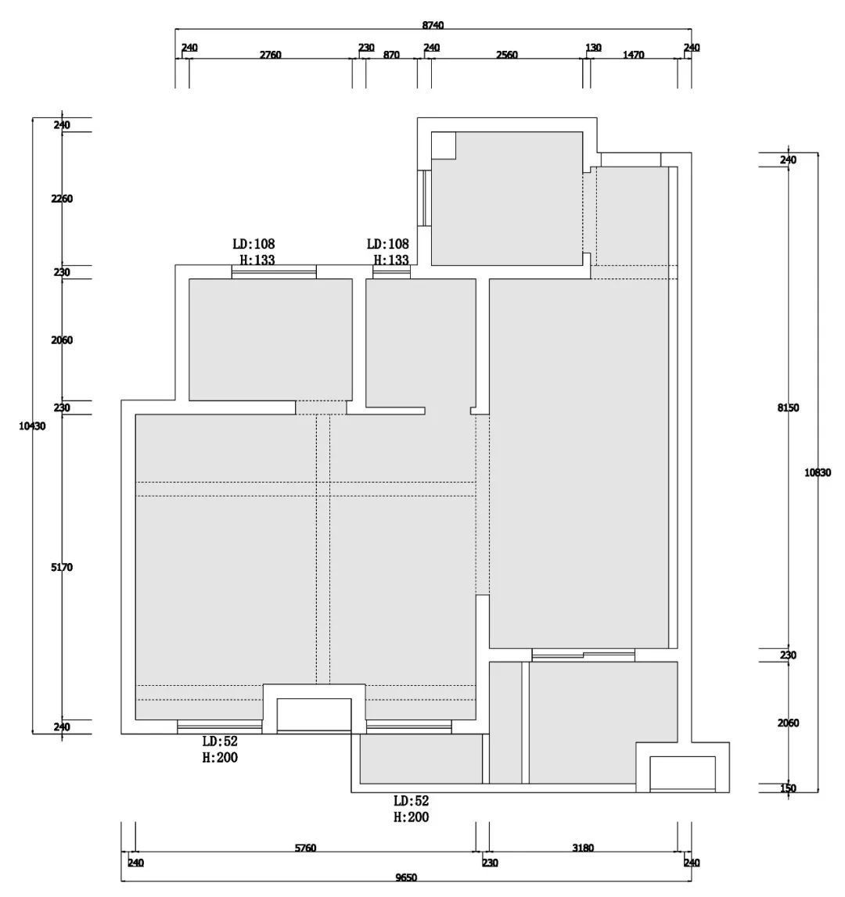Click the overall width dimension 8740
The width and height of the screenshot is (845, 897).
pyautogui.click(x=433, y=25)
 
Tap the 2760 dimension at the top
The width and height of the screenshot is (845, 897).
pyautogui.click(x=271, y=55)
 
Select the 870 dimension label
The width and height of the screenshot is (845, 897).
pyautogui.click(x=391, y=55)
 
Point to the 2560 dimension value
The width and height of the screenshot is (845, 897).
pyautogui.click(x=507, y=55)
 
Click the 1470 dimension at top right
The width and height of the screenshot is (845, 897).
pyautogui.click(x=633, y=55)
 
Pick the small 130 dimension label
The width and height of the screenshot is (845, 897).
pyautogui.click(x=594, y=48)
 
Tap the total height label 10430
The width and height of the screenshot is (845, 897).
pyautogui.click(x=32, y=425)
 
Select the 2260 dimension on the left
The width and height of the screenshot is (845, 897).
pyautogui.click(x=62, y=199)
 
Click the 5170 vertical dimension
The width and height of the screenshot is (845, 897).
pyautogui.click(x=62, y=567)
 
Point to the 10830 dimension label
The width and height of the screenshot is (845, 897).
pyautogui.click(x=818, y=472)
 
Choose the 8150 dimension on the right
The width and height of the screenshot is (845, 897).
pyautogui.click(x=789, y=408)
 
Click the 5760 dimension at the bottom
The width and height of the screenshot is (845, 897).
pyautogui.click(x=305, y=848)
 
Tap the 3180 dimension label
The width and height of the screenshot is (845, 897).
pyautogui.click(x=583, y=848)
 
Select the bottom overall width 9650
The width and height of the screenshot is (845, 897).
pyautogui.click(x=406, y=877)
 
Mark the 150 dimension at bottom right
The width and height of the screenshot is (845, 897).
pyautogui.click(x=789, y=788)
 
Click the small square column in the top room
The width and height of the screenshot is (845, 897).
pyautogui.click(x=443, y=145)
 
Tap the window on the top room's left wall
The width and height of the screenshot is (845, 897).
pyautogui.click(x=425, y=199)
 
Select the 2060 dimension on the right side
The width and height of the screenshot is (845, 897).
pyautogui.click(x=789, y=723)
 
